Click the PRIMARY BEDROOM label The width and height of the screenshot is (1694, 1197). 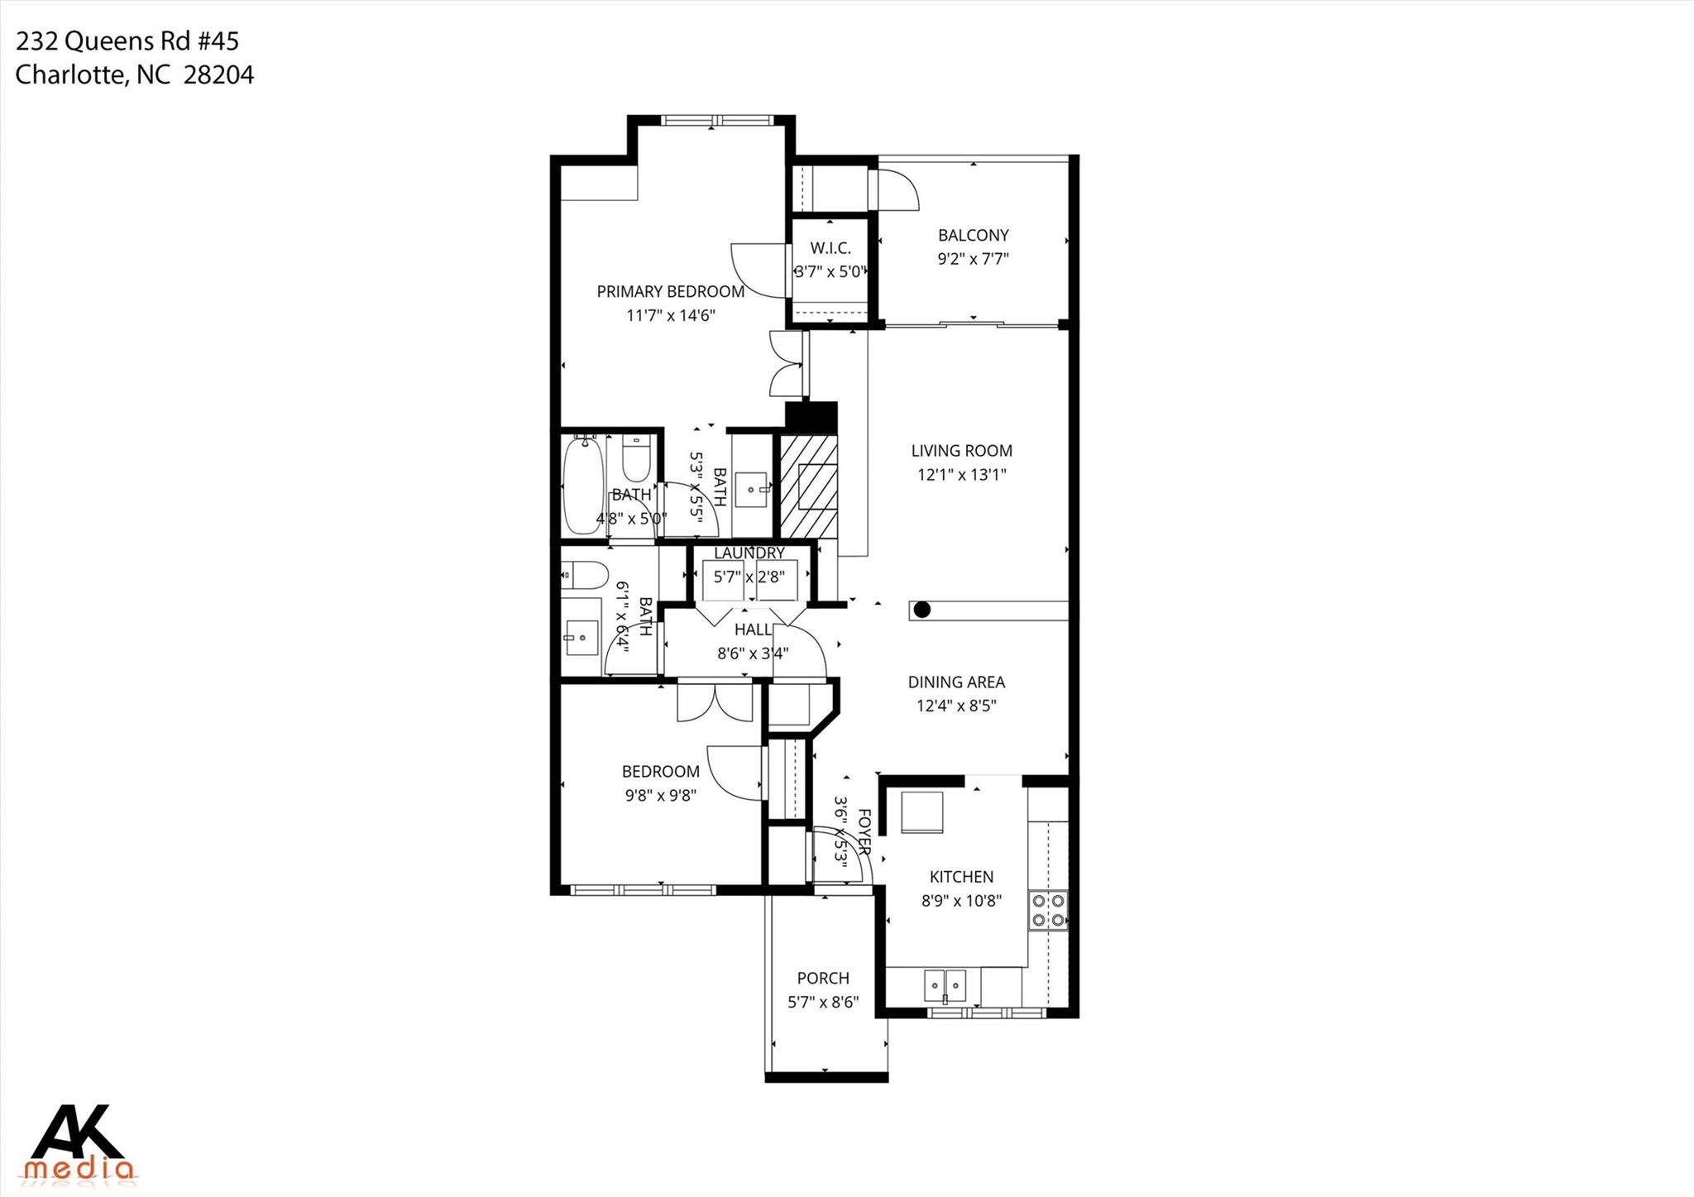coord(670,291)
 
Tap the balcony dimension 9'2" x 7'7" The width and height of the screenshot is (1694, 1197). coord(973,259)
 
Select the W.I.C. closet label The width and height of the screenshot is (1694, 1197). coord(830,248)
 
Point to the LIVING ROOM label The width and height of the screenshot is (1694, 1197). coord(961,451)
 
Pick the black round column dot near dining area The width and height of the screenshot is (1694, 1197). coord(922,610)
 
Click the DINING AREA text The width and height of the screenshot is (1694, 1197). coord(956,682)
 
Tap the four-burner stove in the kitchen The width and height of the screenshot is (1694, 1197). coord(1047,910)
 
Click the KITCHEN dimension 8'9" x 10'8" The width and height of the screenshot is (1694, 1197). coord(961,901)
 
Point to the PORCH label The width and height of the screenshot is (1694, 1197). coord(823,978)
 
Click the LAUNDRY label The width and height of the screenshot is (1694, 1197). coord(749,553)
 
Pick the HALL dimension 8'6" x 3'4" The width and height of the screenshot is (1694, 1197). coord(753,654)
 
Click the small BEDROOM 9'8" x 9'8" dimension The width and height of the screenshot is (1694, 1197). coord(660,796)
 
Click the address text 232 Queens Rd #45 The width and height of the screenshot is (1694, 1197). coord(127,41)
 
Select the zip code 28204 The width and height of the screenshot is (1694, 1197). coord(218,75)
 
